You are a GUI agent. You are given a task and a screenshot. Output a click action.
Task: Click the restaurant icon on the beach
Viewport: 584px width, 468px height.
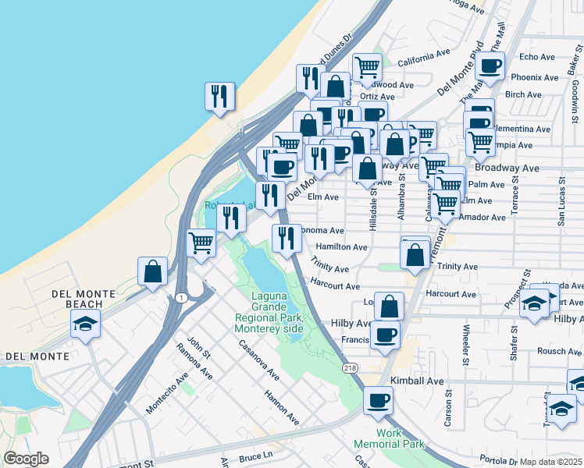point(219,97)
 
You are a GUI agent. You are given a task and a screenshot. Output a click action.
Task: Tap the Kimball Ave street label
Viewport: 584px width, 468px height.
point(416,381)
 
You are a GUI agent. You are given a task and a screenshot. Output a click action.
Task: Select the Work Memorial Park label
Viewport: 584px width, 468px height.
point(389,438)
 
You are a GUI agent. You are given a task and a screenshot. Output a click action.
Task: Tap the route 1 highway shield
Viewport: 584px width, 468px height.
point(181,297)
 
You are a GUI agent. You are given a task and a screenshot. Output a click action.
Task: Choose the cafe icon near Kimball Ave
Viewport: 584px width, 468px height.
point(378,401)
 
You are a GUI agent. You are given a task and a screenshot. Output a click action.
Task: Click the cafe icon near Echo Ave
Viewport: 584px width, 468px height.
point(490,67)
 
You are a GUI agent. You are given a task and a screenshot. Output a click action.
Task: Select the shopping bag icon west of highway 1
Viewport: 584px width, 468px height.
point(153,271)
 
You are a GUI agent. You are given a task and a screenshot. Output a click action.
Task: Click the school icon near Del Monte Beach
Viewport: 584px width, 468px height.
point(85,324)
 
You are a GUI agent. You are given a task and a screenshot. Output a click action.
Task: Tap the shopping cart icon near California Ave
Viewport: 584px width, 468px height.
point(366,67)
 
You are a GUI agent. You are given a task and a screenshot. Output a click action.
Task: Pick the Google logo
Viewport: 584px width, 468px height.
point(26,459)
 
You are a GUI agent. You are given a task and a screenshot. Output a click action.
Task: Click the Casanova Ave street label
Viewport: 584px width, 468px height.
point(259,359)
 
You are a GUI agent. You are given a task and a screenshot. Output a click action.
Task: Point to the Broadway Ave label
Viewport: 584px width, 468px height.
point(507,168)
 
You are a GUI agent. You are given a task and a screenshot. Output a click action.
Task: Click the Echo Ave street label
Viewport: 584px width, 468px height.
point(536,57)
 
